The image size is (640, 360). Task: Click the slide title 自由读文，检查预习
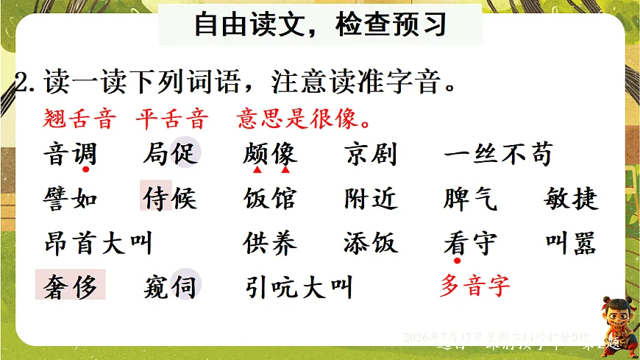[320, 27]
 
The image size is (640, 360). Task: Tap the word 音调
[70, 155]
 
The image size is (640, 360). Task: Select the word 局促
[170, 155]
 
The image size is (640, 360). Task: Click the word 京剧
[370, 155]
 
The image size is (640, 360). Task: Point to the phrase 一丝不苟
[498, 155]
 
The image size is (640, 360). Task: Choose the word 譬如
[70, 199]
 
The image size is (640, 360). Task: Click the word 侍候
[170, 199]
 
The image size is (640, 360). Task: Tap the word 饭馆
[270, 199]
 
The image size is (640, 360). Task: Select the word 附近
[370, 199]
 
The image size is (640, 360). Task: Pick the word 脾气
[471, 199]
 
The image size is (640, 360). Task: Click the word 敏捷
[572, 199]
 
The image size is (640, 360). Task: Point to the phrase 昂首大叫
[97, 243]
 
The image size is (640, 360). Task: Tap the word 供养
[270, 243]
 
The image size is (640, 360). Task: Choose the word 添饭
[370, 243]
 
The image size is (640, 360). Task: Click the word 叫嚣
[572, 243]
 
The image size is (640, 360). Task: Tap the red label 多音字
[474, 285]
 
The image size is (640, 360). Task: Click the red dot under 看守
[458, 260]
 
